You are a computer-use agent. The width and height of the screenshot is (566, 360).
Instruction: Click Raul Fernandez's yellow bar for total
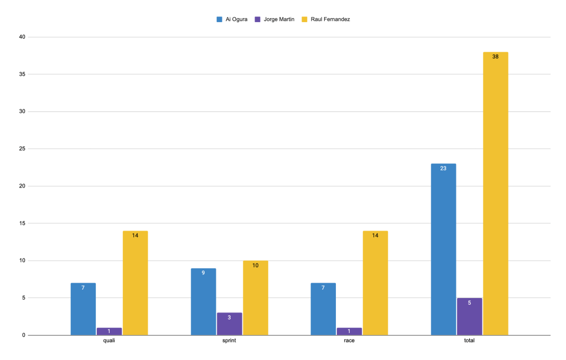pyautogui.click(x=495, y=194)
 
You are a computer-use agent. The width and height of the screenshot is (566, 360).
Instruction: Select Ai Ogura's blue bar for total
pyautogui.click(x=443, y=249)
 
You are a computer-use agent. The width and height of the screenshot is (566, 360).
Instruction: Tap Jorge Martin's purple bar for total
pyautogui.click(x=469, y=316)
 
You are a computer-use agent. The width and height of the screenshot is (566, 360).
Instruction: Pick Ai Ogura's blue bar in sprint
pyautogui.click(x=203, y=301)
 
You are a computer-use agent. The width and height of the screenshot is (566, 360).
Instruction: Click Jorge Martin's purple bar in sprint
pyautogui.click(x=229, y=324)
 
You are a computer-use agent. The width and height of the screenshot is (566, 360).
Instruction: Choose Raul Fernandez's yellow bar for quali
pyautogui.click(x=135, y=283)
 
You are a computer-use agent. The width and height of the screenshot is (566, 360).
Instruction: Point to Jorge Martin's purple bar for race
pyautogui.click(x=349, y=331)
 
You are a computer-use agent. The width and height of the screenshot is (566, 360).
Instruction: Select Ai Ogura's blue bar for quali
pyautogui.click(x=83, y=309)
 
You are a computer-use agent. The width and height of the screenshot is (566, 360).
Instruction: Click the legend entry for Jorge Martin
pyautogui.click(x=275, y=19)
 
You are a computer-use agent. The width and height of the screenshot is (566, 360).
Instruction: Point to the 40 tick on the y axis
pyautogui.click(x=23, y=37)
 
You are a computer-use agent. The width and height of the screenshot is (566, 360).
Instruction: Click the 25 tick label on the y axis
pyautogui.click(x=23, y=149)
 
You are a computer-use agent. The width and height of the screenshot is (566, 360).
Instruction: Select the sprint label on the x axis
pyautogui.click(x=229, y=341)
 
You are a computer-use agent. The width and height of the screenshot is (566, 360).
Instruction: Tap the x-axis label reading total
pyautogui.click(x=469, y=341)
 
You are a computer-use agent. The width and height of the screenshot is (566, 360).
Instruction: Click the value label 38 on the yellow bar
pyautogui.click(x=495, y=56)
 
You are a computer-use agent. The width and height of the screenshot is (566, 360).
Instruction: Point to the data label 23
pyautogui.click(x=443, y=168)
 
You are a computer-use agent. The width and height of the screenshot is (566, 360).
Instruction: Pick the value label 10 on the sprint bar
pyautogui.click(x=255, y=265)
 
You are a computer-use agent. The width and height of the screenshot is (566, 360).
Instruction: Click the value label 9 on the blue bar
pyautogui.click(x=203, y=273)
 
